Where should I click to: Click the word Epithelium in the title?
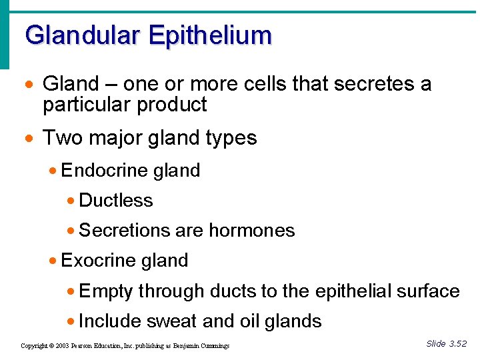[211, 35]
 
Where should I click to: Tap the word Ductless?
[116, 201]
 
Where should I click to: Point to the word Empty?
[106, 291]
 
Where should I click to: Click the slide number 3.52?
[459, 344]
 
